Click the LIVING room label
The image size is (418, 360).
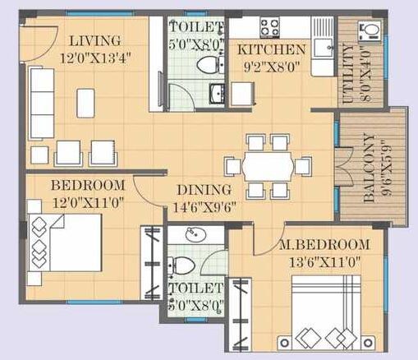click(x=94, y=40)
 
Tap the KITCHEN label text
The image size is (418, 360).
click(x=271, y=49)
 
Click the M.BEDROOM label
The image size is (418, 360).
click(x=323, y=246)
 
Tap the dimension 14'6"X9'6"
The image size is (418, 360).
click(x=206, y=207)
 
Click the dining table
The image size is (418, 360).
click(x=269, y=167)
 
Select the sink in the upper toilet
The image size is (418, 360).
click(x=215, y=92)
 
